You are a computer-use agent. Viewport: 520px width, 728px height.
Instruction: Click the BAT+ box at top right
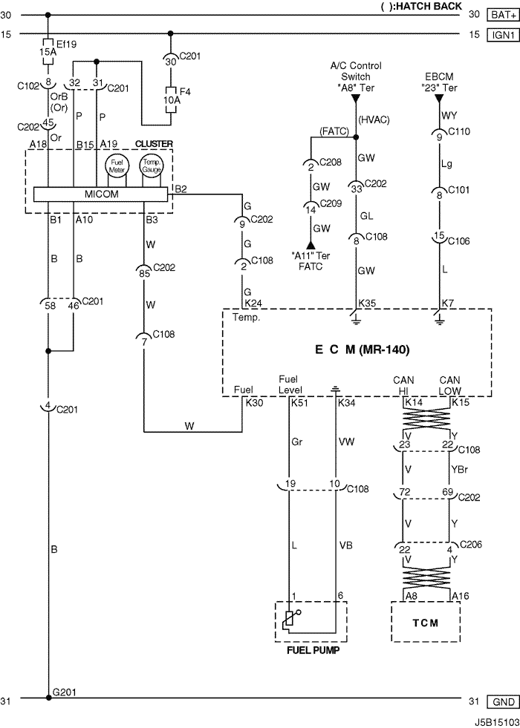pyautogui.click(x=502, y=15)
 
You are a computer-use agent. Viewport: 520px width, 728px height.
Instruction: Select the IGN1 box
pyautogui.click(x=502, y=35)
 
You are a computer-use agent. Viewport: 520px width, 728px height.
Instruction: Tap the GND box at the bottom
pyautogui.click(x=502, y=701)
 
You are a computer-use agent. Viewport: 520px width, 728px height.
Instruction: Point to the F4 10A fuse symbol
pyautogui.click(x=171, y=99)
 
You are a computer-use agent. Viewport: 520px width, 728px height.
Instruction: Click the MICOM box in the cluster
pyautogui.click(x=100, y=194)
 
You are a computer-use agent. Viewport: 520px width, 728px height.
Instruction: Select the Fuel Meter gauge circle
pyautogui.click(x=117, y=165)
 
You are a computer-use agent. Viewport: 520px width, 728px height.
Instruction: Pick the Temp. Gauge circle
pyautogui.click(x=152, y=165)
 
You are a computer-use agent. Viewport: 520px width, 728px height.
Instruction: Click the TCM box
pyautogui.click(x=426, y=622)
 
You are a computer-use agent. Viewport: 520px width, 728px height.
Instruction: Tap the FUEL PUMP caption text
pyautogui.click(x=313, y=650)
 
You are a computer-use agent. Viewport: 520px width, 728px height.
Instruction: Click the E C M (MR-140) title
pyautogui.click(x=362, y=349)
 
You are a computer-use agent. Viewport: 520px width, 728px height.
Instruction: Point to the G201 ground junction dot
pyautogui.click(x=48, y=698)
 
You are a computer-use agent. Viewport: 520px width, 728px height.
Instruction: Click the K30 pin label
pyautogui.click(x=254, y=402)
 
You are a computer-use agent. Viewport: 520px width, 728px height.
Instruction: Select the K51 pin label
pyautogui.click(x=299, y=402)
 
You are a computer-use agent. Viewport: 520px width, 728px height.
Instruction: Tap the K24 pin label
pyautogui.click(x=253, y=304)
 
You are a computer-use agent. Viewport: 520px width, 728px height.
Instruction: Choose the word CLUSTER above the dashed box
pyautogui.click(x=154, y=144)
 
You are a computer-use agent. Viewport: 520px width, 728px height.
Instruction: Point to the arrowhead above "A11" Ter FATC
pyautogui.click(x=311, y=245)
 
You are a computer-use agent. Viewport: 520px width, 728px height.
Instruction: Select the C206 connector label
pyautogui.click(x=471, y=544)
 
